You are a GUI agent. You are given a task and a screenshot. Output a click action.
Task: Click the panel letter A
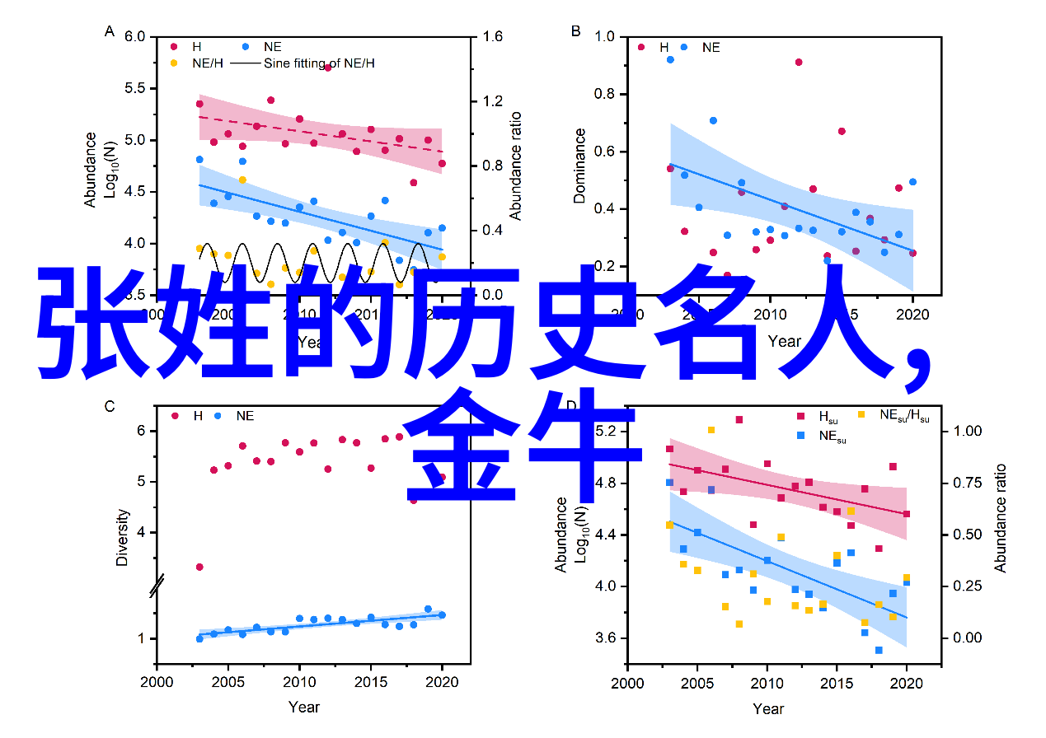109,31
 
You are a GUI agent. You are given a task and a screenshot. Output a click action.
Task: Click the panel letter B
575,31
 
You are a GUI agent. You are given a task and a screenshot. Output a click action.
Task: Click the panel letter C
109,405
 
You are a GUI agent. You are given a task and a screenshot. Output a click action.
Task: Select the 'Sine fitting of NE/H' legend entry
318,63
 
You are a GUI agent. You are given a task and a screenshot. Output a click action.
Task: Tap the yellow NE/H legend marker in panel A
174,63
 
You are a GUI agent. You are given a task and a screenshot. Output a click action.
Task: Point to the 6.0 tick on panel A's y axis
135,37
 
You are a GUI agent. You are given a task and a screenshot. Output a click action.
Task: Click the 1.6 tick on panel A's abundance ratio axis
491,37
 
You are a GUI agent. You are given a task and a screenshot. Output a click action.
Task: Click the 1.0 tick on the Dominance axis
604,37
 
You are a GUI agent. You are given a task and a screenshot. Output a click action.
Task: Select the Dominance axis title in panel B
580,165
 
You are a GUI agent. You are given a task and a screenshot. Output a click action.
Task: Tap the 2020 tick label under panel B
912,314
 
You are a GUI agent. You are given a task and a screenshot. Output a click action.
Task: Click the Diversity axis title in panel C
122,537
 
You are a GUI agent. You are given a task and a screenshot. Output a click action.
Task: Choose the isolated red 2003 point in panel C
199,567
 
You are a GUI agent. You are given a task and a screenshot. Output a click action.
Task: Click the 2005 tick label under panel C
227,682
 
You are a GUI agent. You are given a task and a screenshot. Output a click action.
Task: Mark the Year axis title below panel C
304,707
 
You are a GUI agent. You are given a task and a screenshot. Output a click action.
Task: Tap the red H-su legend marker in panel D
800,417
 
